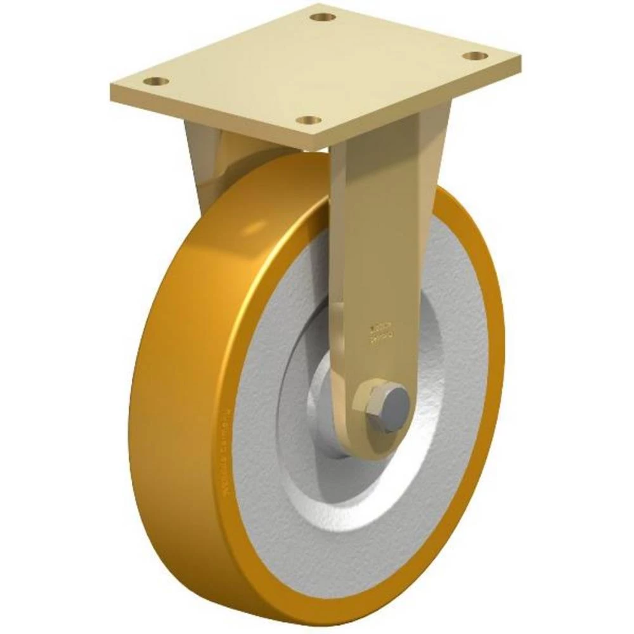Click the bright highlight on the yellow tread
(x=266, y=228)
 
